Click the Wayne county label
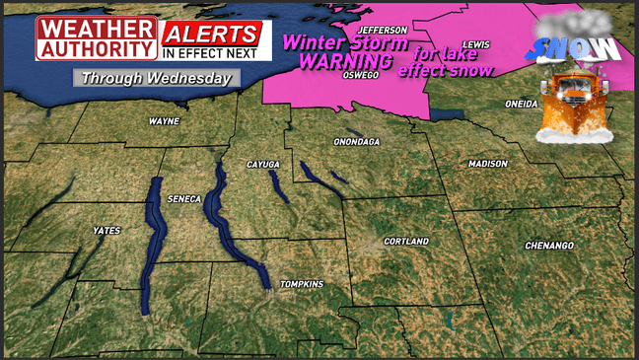coord(163,121)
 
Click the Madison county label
coord(488,163)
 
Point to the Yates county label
coord(106,230)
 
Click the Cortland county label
coord(406,241)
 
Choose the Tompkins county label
coord(302,284)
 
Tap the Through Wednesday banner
coord(156,77)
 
